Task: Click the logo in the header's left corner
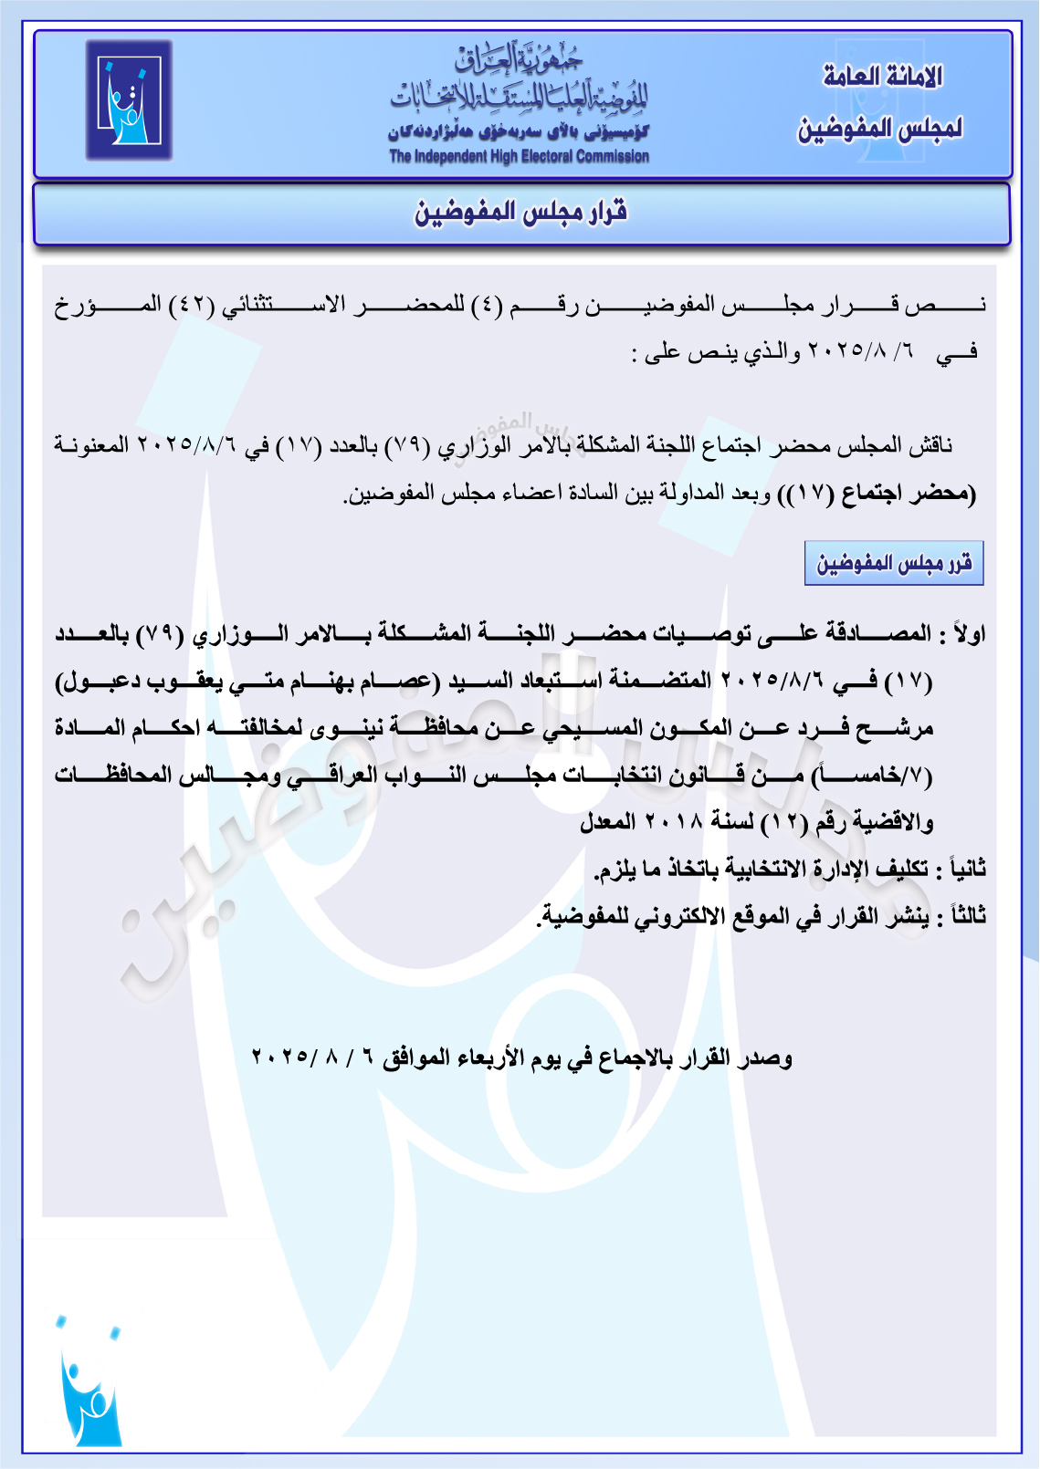click(129, 100)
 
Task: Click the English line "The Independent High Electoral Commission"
click(519, 157)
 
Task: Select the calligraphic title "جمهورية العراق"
click(519, 61)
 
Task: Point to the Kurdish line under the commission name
click(519, 133)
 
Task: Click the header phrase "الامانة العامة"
click(882, 77)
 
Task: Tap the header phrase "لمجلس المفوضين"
click(880, 129)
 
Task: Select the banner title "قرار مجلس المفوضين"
click(520, 213)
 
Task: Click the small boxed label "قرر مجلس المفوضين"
click(894, 563)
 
